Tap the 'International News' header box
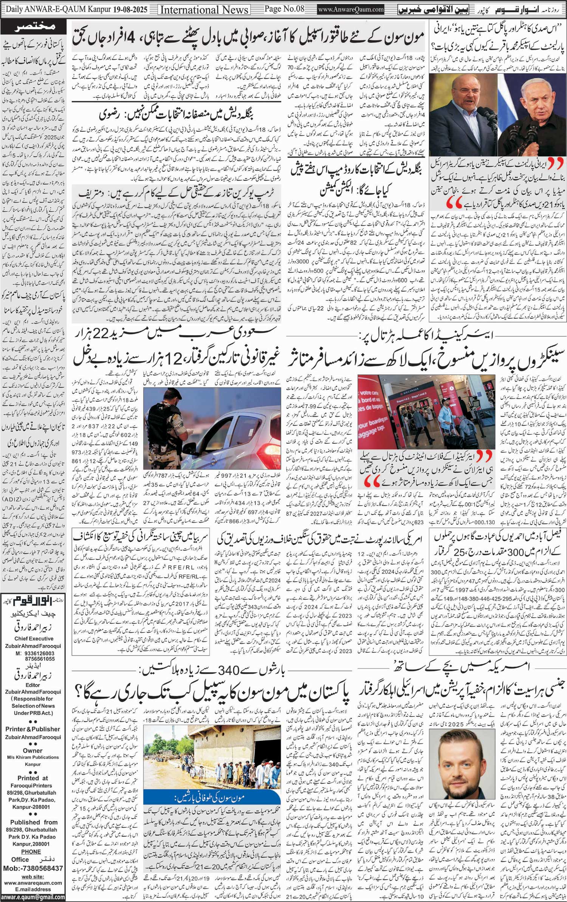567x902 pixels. click(204, 9)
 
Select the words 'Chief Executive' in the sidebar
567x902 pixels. click(33, 629)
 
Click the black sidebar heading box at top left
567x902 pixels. click(33, 27)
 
